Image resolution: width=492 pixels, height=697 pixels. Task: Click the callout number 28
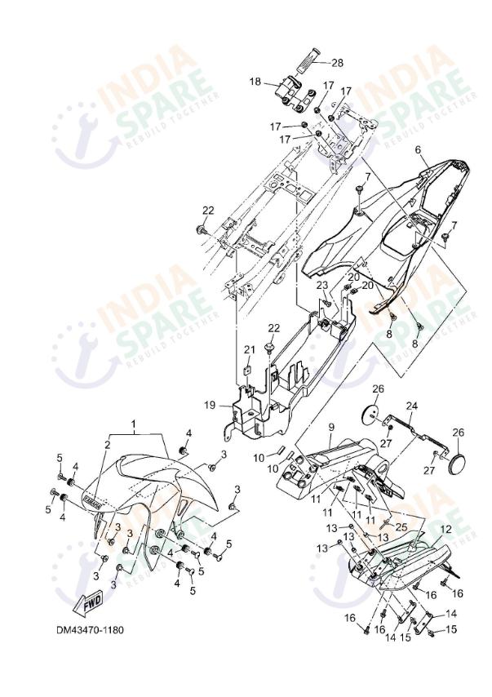(337, 62)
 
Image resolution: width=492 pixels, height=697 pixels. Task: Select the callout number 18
(255, 82)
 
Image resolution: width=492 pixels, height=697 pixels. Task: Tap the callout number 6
(417, 150)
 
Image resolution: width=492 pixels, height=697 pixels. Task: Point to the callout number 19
(210, 404)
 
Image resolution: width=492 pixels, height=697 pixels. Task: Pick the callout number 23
(321, 285)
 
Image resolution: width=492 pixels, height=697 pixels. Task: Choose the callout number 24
(411, 406)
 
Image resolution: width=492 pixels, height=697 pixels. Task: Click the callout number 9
(332, 427)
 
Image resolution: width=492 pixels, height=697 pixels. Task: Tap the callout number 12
(445, 529)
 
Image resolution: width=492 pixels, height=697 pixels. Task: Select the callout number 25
(400, 526)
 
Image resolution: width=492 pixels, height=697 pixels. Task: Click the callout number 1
(135, 425)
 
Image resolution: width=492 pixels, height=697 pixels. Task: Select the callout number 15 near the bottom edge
(452, 629)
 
